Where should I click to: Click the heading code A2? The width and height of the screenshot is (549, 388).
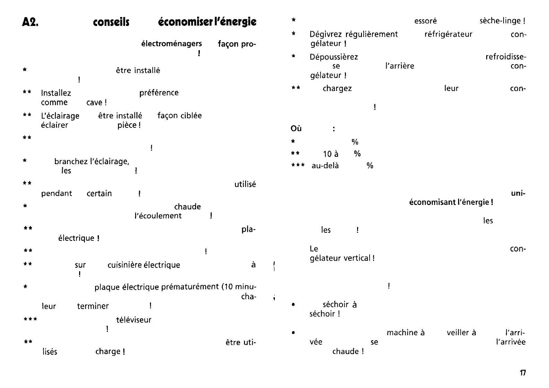pos(30,23)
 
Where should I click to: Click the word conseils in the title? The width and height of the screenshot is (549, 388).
pos(111,23)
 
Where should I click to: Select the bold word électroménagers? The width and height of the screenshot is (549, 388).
pos(171,44)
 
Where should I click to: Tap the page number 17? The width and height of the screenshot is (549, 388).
pos(523,373)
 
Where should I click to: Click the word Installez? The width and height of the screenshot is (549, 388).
pos(56,93)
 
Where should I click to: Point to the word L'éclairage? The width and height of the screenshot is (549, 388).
pos(60,116)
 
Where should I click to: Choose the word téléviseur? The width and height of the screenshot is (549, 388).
pos(134,320)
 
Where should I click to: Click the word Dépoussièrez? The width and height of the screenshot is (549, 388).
pos(334,57)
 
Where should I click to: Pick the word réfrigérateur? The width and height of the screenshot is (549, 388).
pos(448,35)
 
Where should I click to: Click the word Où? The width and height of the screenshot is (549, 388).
pos(296,129)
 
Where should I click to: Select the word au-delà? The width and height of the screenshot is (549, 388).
pos(325,166)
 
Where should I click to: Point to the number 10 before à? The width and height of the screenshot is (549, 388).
pos(327,154)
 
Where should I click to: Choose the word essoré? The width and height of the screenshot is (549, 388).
pos(425,21)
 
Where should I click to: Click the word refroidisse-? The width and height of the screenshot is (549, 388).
pos(506,57)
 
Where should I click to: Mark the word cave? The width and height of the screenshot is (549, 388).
pos(94,103)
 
